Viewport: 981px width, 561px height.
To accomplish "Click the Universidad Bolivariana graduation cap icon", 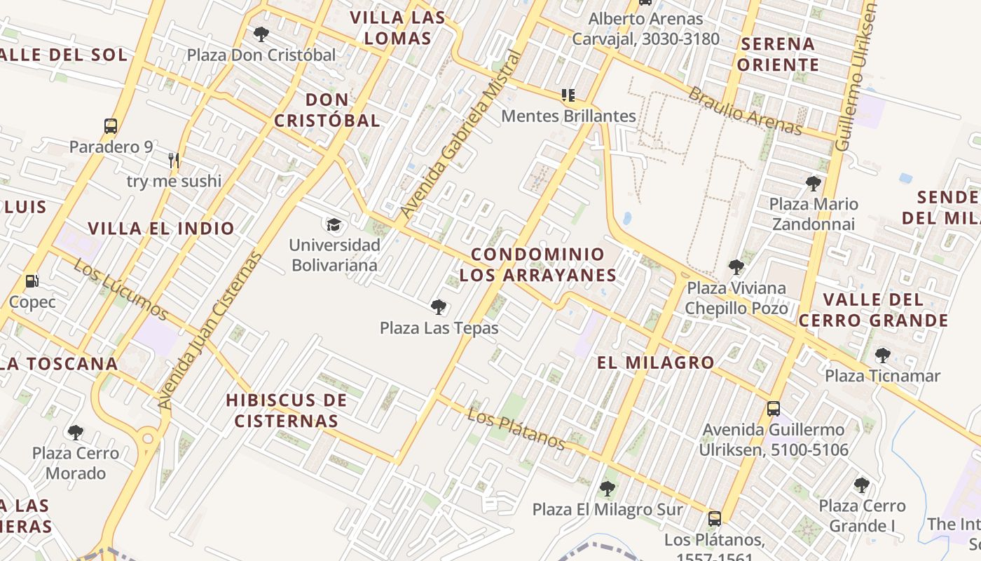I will (334, 224).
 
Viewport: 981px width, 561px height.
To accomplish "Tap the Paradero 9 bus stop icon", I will (111, 126).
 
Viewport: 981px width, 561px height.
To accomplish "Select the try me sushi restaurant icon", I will (174, 161).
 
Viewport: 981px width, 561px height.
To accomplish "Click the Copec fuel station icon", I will (32, 281).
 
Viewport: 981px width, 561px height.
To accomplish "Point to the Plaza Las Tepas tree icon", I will (439, 306).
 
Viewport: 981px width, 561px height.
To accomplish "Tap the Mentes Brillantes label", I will (568, 116).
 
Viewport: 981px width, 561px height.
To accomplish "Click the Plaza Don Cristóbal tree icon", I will (261, 34).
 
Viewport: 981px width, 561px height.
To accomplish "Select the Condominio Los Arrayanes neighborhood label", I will (537, 264).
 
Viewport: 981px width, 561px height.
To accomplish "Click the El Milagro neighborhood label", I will (655, 363).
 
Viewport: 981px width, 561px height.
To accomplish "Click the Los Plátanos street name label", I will (516, 429).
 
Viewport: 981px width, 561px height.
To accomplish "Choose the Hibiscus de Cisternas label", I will (286, 410).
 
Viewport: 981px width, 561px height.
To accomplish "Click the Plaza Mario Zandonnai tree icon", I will (814, 184).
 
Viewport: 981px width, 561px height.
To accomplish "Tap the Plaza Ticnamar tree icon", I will (883, 356).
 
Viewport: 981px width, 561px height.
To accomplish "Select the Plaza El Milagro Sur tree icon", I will (607, 489).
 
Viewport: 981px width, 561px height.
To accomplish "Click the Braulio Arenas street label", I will (744, 111).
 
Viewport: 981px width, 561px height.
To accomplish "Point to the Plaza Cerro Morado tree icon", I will (76, 432).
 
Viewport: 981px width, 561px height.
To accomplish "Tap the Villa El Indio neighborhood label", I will (161, 228).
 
